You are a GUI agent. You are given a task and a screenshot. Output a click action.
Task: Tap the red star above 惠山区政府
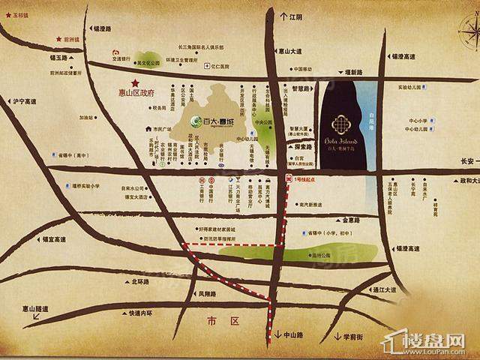136,82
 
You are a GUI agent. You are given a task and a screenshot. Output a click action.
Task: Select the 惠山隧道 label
34,308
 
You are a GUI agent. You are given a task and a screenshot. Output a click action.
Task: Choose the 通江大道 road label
383,289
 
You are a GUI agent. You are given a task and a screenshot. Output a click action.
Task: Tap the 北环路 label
141,282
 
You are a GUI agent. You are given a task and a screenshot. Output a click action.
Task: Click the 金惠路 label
352,220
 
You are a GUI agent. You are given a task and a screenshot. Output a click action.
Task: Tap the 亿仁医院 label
223,64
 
